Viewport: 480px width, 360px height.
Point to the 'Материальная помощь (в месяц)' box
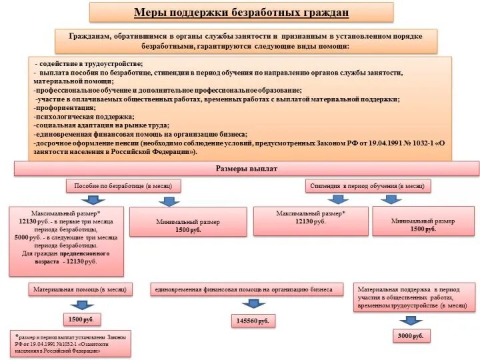(80, 289)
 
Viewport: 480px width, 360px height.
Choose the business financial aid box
(249, 289)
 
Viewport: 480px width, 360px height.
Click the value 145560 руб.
(253, 321)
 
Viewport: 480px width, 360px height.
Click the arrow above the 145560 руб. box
(253, 304)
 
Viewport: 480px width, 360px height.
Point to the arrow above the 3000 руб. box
(410, 320)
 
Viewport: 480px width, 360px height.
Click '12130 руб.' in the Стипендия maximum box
(311, 221)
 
